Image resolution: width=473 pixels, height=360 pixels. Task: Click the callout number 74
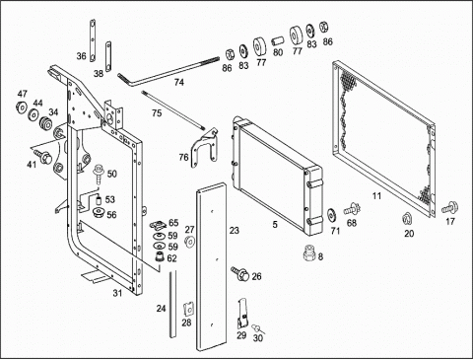pyautogui.click(x=179, y=82)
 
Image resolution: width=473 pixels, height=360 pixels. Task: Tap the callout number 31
pyautogui.click(x=117, y=293)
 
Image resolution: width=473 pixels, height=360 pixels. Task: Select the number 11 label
pyautogui.click(x=376, y=196)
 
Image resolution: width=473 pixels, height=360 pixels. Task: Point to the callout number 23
pyautogui.click(x=235, y=231)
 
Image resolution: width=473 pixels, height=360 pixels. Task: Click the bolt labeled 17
pyautogui.click(x=450, y=208)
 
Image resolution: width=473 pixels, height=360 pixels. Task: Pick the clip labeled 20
pyautogui.click(x=407, y=218)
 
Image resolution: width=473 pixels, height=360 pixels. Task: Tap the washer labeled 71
pyautogui.click(x=332, y=215)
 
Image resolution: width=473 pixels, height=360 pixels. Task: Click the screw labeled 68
pyautogui.click(x=352, y=209)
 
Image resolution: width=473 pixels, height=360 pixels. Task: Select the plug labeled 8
pyautogui.click(x=308, y=253)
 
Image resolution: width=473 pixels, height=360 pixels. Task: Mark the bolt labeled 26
pyautogui.click(x=240, y=273)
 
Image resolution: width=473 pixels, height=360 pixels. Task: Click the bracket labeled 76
pyautogui.click(x=205, y=148)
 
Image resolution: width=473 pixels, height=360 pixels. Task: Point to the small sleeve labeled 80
pyautogui.click(x=277, y=42)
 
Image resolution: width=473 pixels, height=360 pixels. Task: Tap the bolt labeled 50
pyautogui.click(x=98, y=174)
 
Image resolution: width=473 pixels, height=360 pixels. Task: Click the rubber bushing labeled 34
pyautogui.click(x=45, y=123)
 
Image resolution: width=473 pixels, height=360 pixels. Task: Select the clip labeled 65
pyautogui.click(x=159, y=225)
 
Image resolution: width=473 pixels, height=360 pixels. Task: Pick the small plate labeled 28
pyautogui.click(x=188, y=308)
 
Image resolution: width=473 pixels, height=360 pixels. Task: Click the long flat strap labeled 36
pyautogui.click(x=93, y=40)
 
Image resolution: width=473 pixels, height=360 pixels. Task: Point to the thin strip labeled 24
pyautogui.click(x=172, y=304)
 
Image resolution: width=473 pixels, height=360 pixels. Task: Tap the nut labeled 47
pyautogui.click(x=22, y=108)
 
